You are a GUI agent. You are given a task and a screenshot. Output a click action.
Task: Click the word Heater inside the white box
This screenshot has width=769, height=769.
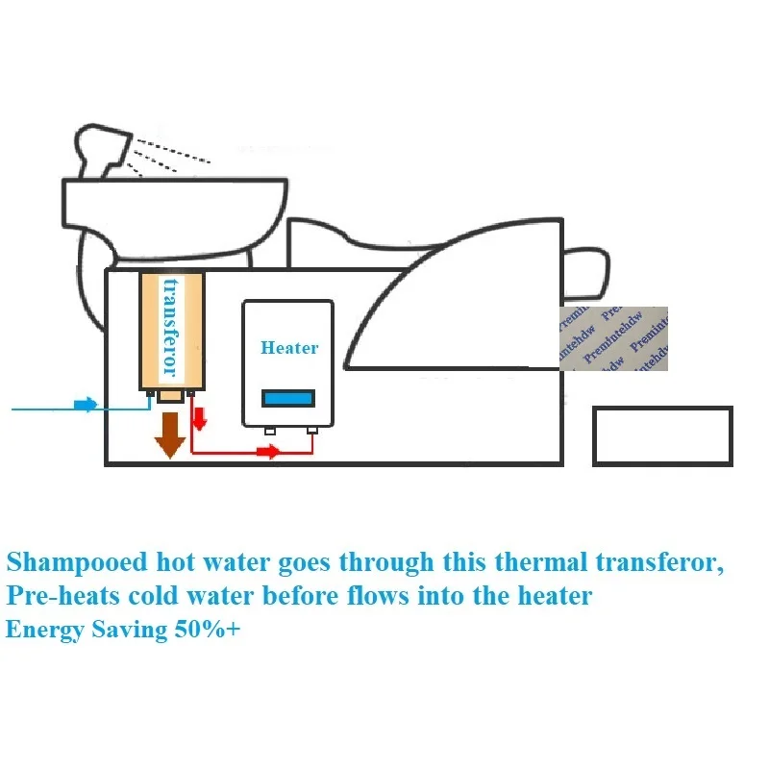[x=288, y=348]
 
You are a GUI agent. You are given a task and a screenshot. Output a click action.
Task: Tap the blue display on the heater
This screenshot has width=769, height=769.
[x=289, y=396]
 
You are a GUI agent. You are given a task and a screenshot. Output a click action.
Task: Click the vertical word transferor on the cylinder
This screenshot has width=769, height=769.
[x=172, y=327]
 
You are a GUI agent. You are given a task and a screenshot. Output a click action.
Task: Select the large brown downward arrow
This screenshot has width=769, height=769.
[x=170, y=433]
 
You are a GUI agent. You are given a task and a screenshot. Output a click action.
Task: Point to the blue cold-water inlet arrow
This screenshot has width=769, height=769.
[x=86, y=406]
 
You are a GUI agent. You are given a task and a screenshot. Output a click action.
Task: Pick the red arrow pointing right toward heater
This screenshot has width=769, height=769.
[x=268, y=452]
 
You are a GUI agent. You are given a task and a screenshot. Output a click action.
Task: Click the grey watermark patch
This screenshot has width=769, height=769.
[x=612, y=338]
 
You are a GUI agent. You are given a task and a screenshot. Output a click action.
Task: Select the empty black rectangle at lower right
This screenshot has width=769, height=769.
[x=662, y=435]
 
